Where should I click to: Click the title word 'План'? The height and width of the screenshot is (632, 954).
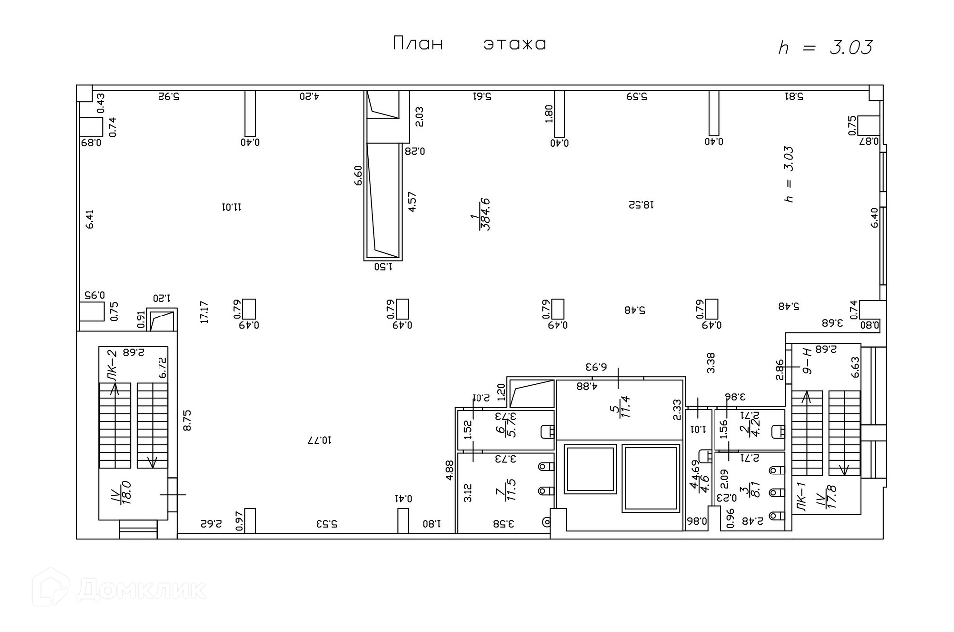(x=417, y=44)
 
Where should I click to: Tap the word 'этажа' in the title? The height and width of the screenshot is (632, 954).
(x=515, y=44)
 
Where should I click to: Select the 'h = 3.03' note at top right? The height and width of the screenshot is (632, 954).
(x=825, y=48)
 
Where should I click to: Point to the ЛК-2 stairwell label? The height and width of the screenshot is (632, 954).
(x=113, y=365)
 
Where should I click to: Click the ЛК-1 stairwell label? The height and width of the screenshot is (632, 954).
(x=800, y=496)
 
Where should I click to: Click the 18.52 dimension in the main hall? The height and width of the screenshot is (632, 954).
(x=641, y=204)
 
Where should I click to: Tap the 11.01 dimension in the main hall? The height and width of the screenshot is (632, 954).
(x=232, y=206)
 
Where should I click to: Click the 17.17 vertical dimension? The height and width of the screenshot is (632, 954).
(x=204, y=312)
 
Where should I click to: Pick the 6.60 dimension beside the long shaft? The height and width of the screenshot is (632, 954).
(x=358, y=175)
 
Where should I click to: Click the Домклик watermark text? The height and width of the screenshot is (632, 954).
(x=141, y=590)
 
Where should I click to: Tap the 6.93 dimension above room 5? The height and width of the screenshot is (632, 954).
(x=596, y=367)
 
